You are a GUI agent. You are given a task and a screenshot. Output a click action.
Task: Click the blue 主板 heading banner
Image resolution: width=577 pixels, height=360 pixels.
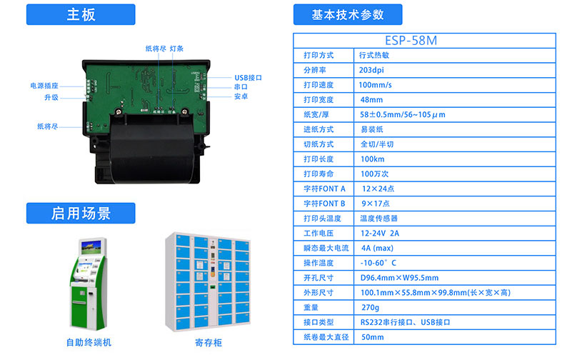[81, 14]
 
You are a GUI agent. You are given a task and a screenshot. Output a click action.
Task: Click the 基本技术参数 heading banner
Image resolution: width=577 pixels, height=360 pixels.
[348, 14]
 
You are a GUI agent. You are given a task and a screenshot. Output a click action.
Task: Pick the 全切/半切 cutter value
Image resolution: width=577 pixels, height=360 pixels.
[376, 144]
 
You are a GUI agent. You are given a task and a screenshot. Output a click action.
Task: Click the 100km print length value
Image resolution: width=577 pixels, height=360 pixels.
[372, 159]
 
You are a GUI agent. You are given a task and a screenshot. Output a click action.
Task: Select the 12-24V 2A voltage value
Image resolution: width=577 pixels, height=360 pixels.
[379, 233]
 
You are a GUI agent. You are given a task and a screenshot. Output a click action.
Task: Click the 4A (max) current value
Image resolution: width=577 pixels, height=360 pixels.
[377, 248]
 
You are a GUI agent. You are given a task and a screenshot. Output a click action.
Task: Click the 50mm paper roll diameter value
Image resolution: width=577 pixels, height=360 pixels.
[372, 336]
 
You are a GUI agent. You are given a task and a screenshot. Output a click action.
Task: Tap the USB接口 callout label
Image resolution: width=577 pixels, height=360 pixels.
[248, 78]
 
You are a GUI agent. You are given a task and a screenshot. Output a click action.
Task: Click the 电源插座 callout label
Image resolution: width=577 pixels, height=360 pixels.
[44, 86]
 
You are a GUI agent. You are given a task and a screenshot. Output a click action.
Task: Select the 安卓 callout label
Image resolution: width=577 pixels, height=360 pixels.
[241, 96]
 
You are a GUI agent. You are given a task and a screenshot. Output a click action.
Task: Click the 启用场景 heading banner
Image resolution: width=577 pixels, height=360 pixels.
[81, 213]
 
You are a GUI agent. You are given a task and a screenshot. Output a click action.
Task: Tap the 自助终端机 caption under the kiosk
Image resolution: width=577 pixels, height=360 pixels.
[89, 343]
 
